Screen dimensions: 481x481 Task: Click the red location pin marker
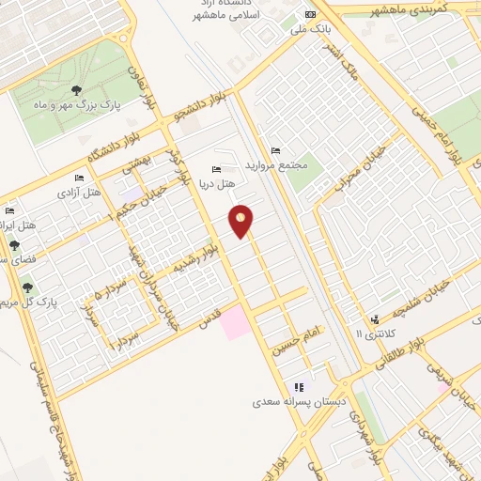[x=241, y=222]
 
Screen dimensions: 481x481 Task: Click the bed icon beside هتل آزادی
[x=79, y=178]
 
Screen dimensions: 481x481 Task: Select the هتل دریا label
[x=219, y=181]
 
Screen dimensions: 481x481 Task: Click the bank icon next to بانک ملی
[x=311, y=16]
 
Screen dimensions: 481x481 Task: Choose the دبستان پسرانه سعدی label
[x=300, y=402]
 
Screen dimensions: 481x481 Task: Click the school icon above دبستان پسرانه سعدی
[x=299, y=386]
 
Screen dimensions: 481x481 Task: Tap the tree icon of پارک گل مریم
[x=26, y=287]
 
